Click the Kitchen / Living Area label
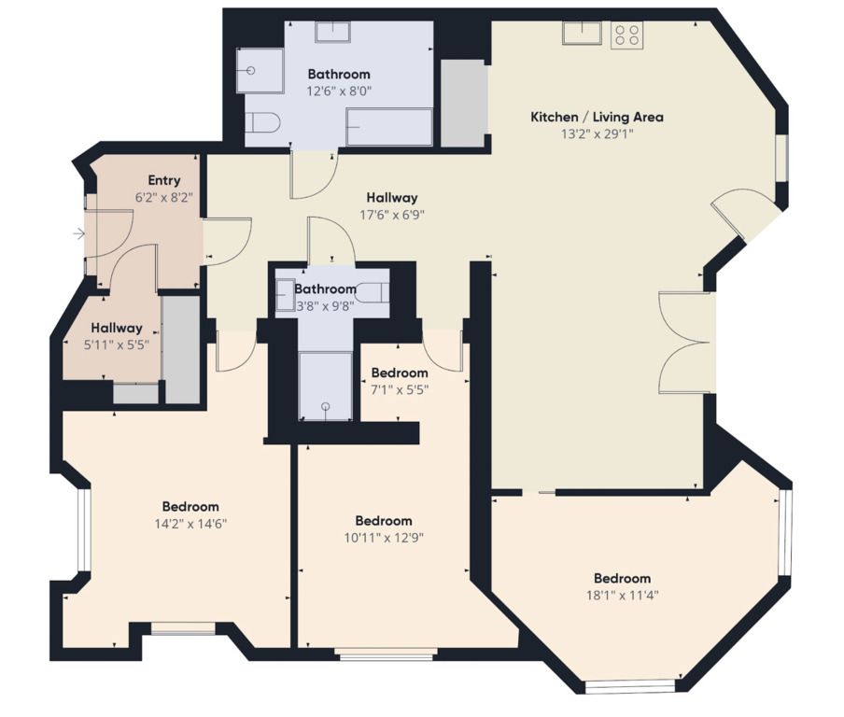597,117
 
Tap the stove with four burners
626,35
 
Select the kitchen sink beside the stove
582,33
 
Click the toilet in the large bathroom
262,123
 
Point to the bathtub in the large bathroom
389,127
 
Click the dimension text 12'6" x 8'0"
339,91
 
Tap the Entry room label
164,180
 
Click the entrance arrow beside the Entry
79,234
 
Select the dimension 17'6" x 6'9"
392,216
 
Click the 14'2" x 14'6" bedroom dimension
190,524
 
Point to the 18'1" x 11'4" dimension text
622,596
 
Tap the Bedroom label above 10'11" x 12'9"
384,521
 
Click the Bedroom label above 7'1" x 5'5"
400,373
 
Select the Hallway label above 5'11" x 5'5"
117,328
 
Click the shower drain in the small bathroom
325,406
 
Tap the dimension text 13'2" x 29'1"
597,134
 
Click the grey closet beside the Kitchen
464,103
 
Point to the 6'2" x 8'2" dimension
163,197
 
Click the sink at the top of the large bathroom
332,32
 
